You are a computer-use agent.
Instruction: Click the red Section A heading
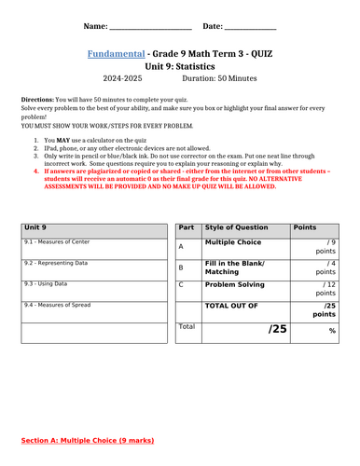88,439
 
